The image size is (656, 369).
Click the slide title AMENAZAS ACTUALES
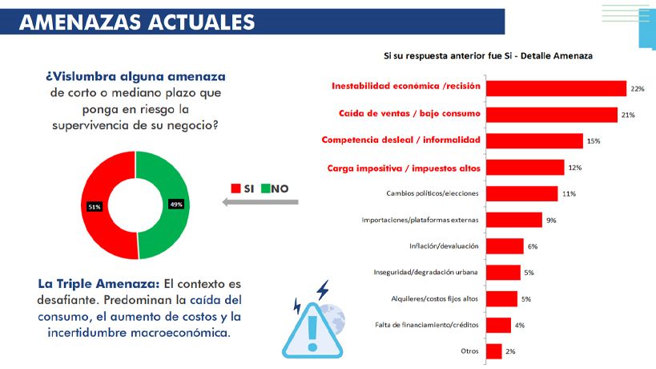(136, 21)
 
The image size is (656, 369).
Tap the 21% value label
(628, 115)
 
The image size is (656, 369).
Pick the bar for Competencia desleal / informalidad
(535, 140)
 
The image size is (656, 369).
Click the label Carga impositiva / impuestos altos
(404, 168)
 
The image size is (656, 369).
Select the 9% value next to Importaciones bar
(551, 220)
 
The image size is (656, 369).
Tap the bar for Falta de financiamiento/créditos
(499, 325)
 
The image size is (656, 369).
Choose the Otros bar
(494, 351)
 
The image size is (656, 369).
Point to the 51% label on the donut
(95, 207)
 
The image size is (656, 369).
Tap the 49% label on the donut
(176, 204)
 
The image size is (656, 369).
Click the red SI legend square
(235, 189)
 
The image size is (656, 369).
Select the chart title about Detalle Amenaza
(487, 56)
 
